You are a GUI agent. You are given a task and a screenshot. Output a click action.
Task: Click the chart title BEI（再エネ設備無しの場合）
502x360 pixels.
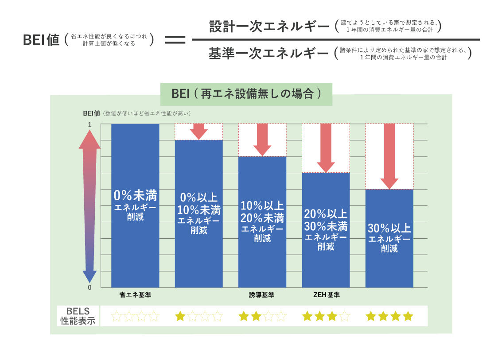click(246, 94)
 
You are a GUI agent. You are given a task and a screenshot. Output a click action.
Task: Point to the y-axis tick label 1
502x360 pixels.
click(90, 125)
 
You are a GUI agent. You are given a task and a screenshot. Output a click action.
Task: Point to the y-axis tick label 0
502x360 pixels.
click(90, 287)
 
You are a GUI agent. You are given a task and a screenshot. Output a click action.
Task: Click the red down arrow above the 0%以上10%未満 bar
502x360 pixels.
click(199, 132)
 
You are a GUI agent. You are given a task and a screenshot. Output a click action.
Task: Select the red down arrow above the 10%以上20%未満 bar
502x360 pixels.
click(262, 140)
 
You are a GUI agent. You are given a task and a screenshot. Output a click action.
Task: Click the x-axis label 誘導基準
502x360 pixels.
click(261, 295)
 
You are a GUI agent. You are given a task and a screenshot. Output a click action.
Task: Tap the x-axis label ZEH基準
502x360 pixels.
click(326, 295)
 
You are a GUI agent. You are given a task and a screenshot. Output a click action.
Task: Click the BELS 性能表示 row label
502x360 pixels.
click(78, 316)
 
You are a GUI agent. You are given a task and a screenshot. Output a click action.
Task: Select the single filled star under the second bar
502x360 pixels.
click(180, 316)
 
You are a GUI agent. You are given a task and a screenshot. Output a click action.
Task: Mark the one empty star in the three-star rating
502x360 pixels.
click(345, 316)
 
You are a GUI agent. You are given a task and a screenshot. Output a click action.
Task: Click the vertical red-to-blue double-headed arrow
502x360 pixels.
click(90, 206)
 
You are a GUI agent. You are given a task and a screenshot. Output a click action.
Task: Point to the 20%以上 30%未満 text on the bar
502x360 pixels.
click(326, 220)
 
